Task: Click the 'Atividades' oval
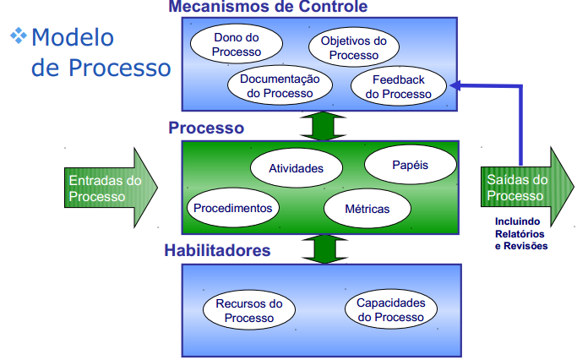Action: point(296,168)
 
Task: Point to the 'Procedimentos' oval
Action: point(232,207)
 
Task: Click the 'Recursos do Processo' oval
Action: point(249,310)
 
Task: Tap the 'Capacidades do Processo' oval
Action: point(390,310)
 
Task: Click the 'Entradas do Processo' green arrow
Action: point(107,188)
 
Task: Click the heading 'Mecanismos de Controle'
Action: point(268,8)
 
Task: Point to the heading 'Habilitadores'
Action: point(218,250)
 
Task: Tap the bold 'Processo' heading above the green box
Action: point(206,128)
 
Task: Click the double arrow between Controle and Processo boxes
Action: point(323,125)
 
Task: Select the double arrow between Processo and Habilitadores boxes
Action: point(323,248)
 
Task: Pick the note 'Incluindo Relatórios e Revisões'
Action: point(520,234)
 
